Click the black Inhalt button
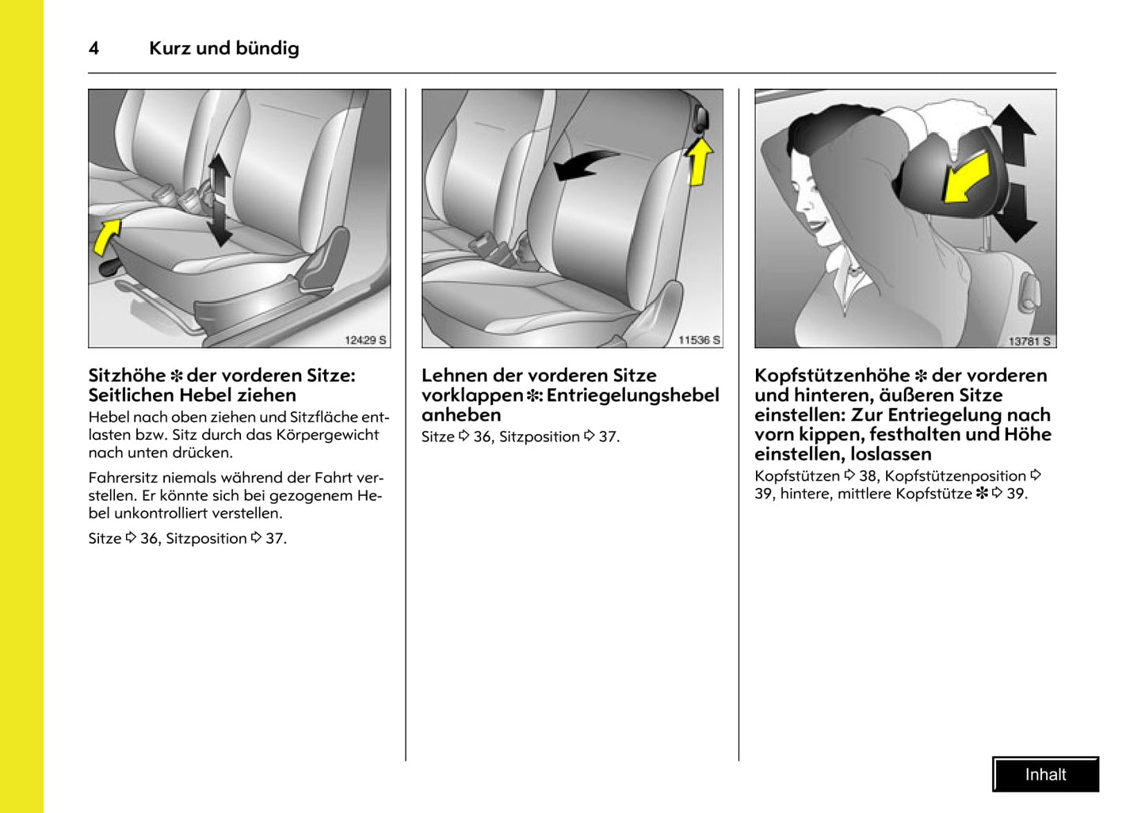pos(1045,774)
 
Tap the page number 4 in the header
pos(94,48)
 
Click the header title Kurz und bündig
pos(223,48)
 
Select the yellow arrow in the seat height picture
pos(107,236)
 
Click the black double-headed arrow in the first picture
pos(219,199)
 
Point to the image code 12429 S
pos(365,340)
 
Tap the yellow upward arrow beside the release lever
pos(699,161)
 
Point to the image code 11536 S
pos(699,340)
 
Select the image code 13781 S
pos(1029,341)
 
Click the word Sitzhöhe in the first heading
pos(127,376)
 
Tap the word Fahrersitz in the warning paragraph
pos(123,478)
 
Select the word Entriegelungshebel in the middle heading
pos(632,395)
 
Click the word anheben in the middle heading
pos(461,415)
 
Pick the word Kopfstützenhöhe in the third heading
pos(831,376)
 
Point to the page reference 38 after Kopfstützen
pos(868,476)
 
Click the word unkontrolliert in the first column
pos(161,513)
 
